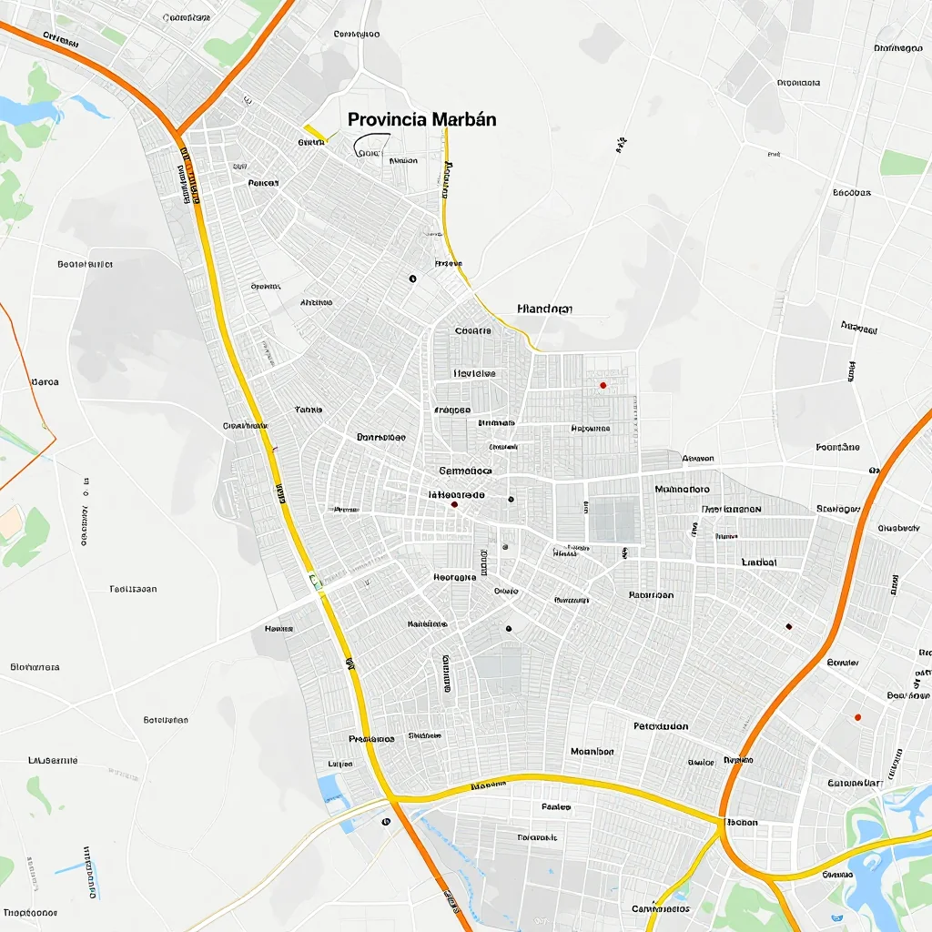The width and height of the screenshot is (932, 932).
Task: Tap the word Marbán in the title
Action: (x=465, y=119)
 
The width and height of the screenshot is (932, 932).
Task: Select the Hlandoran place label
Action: (x=544, y=309)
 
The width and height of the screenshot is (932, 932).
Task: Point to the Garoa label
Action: (x=45, y=382)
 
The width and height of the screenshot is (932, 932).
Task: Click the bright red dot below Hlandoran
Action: (x=603, y=386)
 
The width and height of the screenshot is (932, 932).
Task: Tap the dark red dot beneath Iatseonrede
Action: (x=454, y=503)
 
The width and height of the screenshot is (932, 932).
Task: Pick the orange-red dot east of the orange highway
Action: (x=857, y=717)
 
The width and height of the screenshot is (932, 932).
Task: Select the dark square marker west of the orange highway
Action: (x=788, y=626)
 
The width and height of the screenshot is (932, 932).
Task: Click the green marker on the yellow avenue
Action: (x=315, y=579)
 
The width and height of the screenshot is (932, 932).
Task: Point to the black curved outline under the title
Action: (x=370, y=144)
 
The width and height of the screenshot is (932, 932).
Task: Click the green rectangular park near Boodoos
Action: (x=902, y=163)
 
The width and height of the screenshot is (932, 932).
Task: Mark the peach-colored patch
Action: (x=11, y=522)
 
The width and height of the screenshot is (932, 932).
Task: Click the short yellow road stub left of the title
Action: (x=315, y=134)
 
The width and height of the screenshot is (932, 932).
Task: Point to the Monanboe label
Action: (x=592, y=752)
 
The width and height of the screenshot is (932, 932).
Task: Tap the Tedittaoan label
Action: (x=133, y=589)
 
